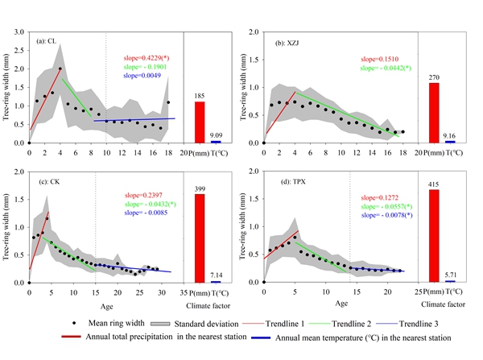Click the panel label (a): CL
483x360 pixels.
click(46, 41)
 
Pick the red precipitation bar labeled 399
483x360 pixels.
click(199, 238)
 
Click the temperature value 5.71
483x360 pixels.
click(450, 275)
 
